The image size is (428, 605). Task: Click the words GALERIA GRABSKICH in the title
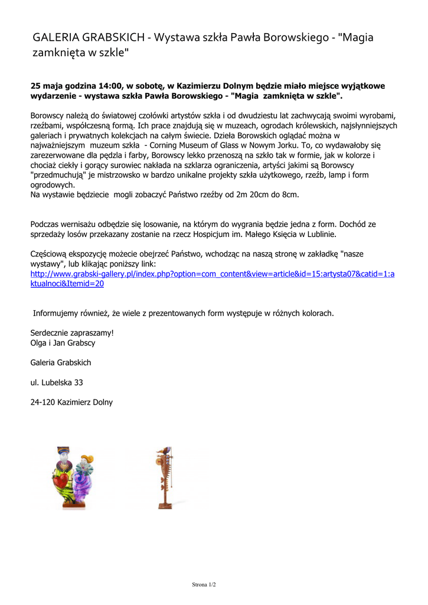click(x=89, y=38)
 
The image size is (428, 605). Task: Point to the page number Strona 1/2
click(x=204, y=584)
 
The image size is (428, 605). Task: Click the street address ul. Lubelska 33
click(x=57, y=382)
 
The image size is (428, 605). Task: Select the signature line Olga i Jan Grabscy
click(x=63, y=343)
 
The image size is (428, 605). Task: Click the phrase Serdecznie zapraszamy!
click(x=72, y=333)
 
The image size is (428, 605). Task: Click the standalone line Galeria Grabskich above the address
click(x=61, y=362)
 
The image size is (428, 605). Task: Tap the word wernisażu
click(x=81, y=224)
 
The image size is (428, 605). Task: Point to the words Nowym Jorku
click(x=299, y=145)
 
